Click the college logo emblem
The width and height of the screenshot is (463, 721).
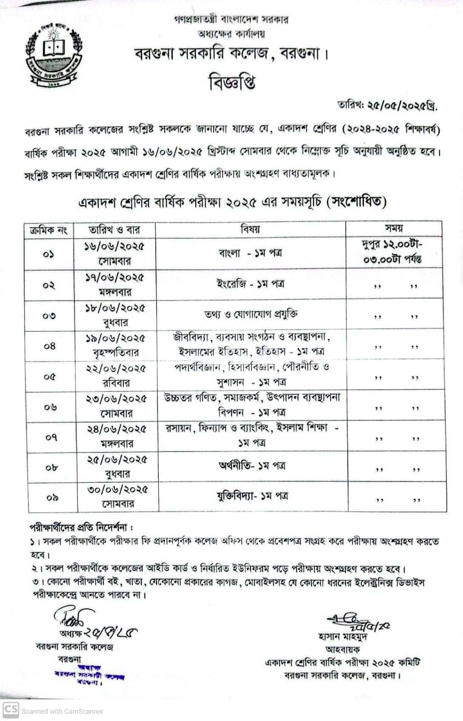tap(54, 53)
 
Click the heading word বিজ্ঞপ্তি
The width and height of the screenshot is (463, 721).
tap(232, 82)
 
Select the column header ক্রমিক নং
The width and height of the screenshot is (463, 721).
tap(49, 230)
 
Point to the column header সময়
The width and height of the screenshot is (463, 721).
tap(394, 228)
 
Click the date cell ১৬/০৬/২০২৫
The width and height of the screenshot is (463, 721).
tap(115, 247)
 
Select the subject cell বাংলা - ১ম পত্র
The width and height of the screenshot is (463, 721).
tap(250, 253)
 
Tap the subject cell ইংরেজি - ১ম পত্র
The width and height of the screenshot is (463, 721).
tap(250, 284)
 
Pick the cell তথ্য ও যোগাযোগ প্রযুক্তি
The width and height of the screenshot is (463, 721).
tap(251, 314)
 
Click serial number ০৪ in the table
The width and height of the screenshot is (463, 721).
tap(49, 346)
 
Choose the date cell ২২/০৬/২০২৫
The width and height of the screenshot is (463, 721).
tap(116, 368)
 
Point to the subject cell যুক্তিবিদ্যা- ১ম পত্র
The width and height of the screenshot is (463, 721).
tap(252, 496)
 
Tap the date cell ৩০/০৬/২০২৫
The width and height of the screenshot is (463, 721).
tap(118, 489)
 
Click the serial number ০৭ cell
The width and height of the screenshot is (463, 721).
tap(51, 437)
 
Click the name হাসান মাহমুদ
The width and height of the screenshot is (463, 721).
tap(343, 637)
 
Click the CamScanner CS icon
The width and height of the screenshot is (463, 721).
tap(10, 710)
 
